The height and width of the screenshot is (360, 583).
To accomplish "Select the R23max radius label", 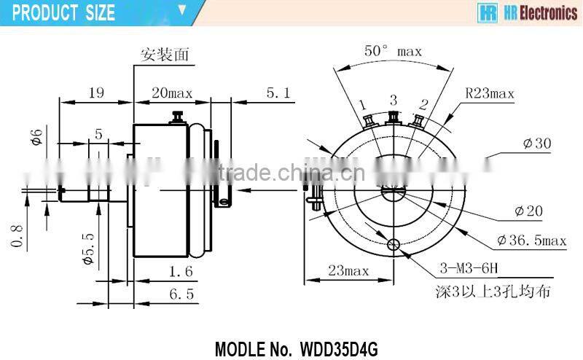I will point(490,93).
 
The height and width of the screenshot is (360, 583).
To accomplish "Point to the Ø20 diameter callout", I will point(529,211).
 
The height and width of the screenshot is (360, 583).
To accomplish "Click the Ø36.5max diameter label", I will point(531,240).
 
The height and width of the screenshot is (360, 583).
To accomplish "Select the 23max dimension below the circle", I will point(348,271).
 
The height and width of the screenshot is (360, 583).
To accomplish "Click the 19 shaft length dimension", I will point(95,93).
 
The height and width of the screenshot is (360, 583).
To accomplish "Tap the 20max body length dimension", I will point(171,93).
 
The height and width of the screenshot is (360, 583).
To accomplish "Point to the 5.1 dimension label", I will point(278,93).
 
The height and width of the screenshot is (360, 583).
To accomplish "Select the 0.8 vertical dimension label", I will point(17,235).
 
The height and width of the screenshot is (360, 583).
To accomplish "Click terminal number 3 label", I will point(393,100).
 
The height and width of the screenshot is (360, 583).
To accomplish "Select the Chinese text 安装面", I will point(160,55).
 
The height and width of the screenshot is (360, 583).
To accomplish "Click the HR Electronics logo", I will point(526,12).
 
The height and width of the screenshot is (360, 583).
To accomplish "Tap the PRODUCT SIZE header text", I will point(64,12).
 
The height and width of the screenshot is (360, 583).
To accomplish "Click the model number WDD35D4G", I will point(297,348).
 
